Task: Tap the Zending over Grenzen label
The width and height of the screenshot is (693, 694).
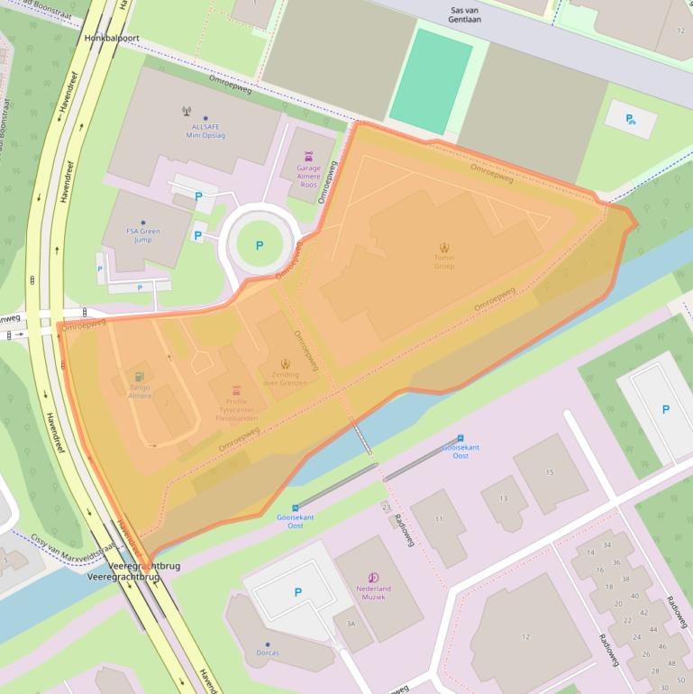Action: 286,379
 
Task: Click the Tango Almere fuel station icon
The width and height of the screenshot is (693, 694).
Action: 139,377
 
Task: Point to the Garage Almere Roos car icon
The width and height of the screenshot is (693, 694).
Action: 308,155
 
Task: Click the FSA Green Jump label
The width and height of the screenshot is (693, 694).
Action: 143,236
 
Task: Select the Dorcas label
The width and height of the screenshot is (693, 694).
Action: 268,652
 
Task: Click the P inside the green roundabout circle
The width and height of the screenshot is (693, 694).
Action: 260,244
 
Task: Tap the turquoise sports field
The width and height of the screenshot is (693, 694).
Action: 432,81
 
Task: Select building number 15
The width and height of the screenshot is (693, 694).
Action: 550,471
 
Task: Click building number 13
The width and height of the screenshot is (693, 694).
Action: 503,498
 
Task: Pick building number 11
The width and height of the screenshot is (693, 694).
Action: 440,519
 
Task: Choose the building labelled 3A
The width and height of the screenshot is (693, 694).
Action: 351,623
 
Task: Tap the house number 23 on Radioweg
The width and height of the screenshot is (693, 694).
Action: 387,507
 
